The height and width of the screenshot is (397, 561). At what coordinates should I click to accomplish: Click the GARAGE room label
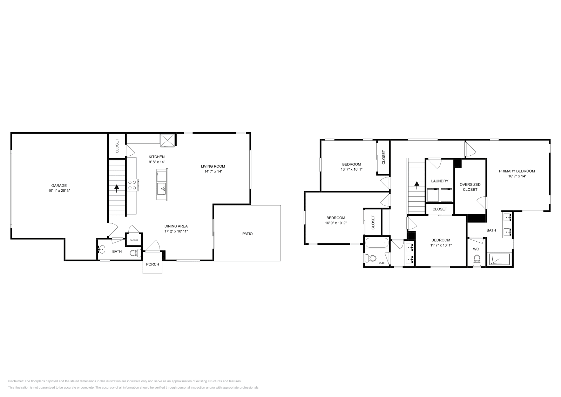click(59, 186)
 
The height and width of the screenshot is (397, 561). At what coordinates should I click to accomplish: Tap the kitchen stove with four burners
click(132, 185)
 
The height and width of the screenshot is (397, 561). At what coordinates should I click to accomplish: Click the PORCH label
click(153, 264)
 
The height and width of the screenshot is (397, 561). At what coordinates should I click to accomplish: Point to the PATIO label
click(247, 234)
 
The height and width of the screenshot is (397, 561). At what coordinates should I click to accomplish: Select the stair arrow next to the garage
click(116, 188)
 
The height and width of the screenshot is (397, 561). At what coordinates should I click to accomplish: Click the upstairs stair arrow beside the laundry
click(417, 185)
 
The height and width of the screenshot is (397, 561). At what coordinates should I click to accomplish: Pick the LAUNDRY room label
click(440, 181)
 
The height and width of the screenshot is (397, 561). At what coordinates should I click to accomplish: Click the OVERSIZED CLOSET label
click(470, 187)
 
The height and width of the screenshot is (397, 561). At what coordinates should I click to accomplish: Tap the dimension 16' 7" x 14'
click(517, 176)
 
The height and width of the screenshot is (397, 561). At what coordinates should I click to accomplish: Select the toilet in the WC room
click(477, 260)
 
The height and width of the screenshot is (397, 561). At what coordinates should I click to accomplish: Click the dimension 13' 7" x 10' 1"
click(351, 169)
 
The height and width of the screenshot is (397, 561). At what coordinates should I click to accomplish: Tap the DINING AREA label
click(176, 226)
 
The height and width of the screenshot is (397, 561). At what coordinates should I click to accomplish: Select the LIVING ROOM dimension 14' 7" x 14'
click(213, 171)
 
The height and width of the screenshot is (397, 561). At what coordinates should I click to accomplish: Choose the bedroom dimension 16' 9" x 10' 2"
click(336, 223)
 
